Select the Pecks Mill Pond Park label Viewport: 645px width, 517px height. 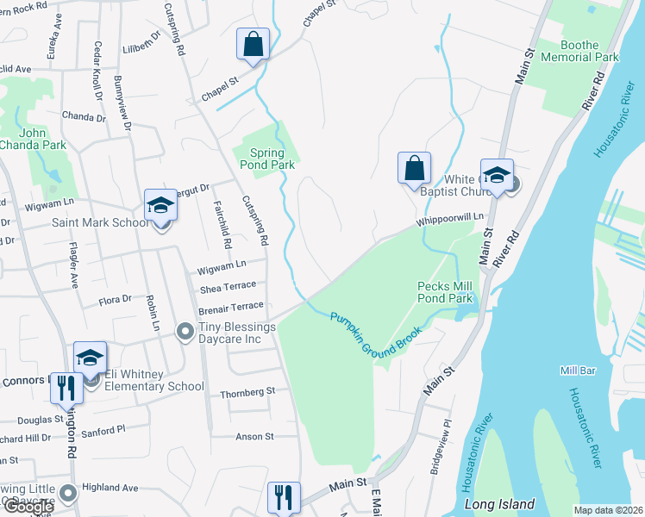tap(445, 292)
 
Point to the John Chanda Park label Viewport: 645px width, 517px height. tap(32, 139)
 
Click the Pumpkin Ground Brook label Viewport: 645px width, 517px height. tap(376, 331)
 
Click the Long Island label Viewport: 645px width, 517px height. tap(499, 504)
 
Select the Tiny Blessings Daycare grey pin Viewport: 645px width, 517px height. tap(184, 331)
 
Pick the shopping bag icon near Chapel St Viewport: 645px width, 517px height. tap(254, 44)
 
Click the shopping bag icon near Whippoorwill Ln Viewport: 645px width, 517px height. tap(414, 167)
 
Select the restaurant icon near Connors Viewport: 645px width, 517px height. tap(66, 389)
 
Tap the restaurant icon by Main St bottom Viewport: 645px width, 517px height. tap(284, 497)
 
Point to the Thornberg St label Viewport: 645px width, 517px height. tap(247, 390)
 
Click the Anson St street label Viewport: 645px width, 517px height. tap(254, 437)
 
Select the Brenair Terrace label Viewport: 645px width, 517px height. tap(230, 306)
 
